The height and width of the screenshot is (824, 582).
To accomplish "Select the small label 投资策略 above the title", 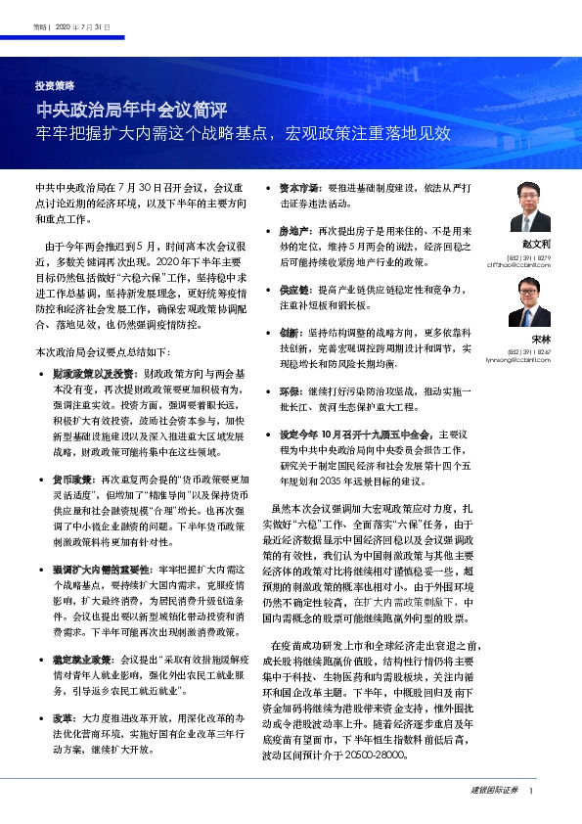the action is pos(55,85).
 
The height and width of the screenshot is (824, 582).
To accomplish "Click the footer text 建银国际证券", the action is pos(493,790).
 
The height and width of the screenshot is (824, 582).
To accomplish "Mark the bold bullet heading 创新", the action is pos(288,334).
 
